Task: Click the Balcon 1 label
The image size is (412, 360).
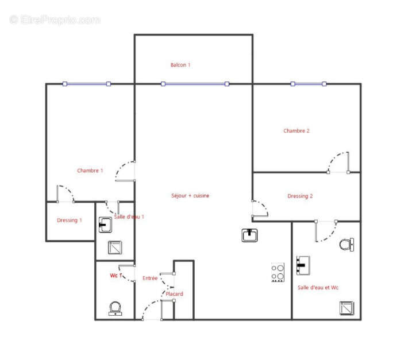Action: [x=180, y=65]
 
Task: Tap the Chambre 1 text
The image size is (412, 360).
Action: [x=90, y=171]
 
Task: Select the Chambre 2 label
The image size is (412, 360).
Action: [x=296, y=131]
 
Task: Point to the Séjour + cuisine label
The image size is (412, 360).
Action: [x=190, y=196]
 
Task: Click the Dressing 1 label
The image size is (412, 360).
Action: [x=69, y=220]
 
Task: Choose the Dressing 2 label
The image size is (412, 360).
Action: [x=300, y=196]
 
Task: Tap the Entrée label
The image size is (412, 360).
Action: [x=150, y=278]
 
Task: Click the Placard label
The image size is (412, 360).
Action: [x=174, y=294]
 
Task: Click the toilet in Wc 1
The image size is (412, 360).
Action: [x=115, y=308]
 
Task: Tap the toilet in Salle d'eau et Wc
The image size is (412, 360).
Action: [x=346, y=245]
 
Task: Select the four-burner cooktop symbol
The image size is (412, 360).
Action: [x=278, y=272]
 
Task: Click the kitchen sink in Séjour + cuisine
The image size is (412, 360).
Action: [x=250, y=235]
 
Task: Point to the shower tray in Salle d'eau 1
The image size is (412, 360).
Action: [x=115, y=247]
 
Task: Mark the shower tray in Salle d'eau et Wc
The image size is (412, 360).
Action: [x=346, y=308]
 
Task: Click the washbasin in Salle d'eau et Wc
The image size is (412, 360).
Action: [x=302, y=265]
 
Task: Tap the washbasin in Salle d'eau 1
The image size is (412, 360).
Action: [x=105, y=224]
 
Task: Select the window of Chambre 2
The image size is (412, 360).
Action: [x=308, y=84]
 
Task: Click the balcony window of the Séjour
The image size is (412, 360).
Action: [x=195, y=84]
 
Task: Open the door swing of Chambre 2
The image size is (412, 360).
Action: [x=340, y=162]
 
